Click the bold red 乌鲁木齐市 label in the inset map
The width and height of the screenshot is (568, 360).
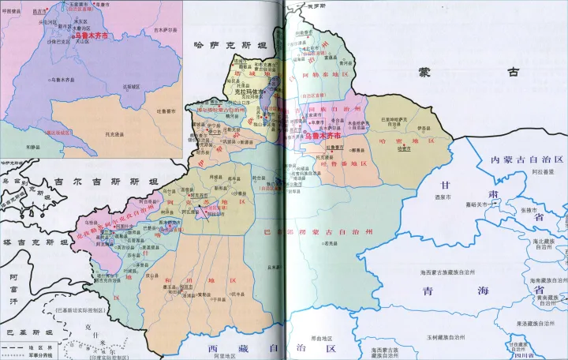click(x=89, y=36)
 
